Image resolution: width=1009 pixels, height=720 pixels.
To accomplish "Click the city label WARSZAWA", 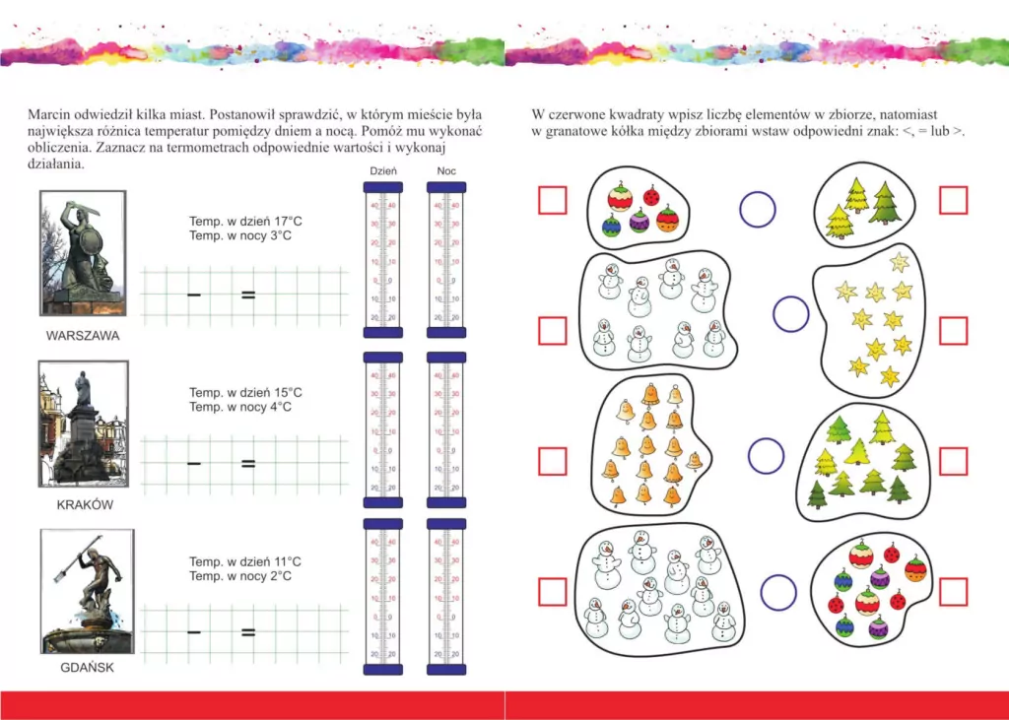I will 83,336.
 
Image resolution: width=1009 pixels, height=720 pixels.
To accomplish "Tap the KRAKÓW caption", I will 85,505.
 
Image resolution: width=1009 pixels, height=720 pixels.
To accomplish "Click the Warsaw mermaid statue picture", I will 84,255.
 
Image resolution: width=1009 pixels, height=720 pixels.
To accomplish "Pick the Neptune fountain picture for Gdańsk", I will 87,591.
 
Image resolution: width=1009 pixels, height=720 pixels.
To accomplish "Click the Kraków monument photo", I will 84,425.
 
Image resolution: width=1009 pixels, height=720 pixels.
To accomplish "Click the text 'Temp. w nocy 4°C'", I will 239,407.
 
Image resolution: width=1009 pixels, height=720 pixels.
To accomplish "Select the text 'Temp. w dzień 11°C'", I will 245,561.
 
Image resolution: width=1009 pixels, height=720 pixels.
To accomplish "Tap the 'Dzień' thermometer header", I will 382,171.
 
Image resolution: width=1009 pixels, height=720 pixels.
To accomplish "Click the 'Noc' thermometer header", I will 446,171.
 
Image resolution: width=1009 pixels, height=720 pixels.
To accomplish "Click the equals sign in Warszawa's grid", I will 248,294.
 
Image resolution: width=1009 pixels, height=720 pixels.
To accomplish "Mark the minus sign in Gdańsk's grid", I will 194,632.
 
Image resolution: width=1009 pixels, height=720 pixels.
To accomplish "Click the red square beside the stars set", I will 953,330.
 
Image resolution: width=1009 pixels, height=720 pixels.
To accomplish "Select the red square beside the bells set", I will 553,460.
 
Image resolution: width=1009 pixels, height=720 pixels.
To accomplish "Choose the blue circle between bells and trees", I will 766,456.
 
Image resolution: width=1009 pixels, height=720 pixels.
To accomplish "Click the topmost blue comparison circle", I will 757,209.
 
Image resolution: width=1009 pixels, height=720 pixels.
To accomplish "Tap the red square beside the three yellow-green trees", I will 953,200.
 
